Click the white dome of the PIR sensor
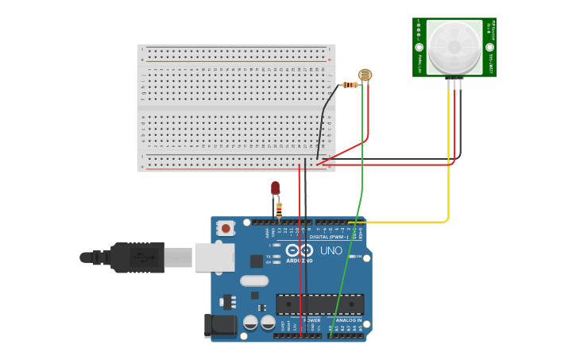tap(454, 46)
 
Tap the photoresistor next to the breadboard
tap(365, 75)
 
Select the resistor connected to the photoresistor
tap(350, 84)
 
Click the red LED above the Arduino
tap(275, 188)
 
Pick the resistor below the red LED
tap(278, 209)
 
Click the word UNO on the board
tap(331, 250)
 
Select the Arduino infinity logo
tap(300, 250)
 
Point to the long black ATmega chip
tap(319, 304)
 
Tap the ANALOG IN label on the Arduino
tap(350, 320)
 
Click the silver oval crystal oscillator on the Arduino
tap(254, 280)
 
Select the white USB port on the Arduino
tap(215, 257)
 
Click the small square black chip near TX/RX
tap(257, 261)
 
